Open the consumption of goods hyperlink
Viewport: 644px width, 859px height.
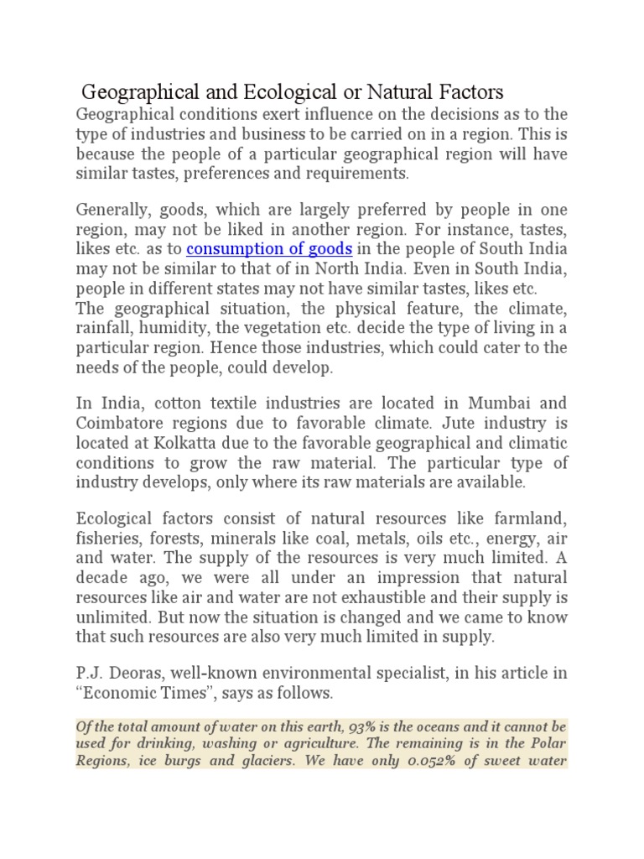tap(268, 249)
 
